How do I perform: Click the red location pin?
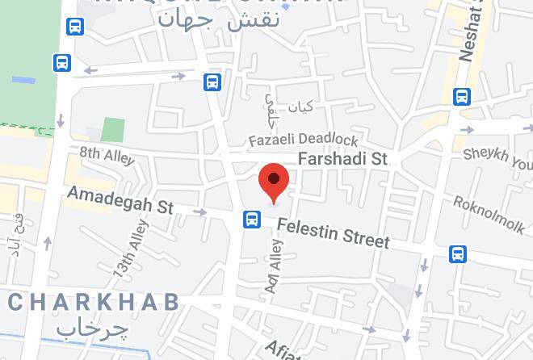274,181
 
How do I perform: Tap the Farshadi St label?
343,160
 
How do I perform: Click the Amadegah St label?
120,199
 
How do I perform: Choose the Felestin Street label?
333,232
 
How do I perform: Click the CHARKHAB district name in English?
93,303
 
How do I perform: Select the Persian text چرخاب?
93,329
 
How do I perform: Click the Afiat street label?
285,349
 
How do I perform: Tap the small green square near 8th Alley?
114,129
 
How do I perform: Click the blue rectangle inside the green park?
23,80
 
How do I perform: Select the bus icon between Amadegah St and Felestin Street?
251,219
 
